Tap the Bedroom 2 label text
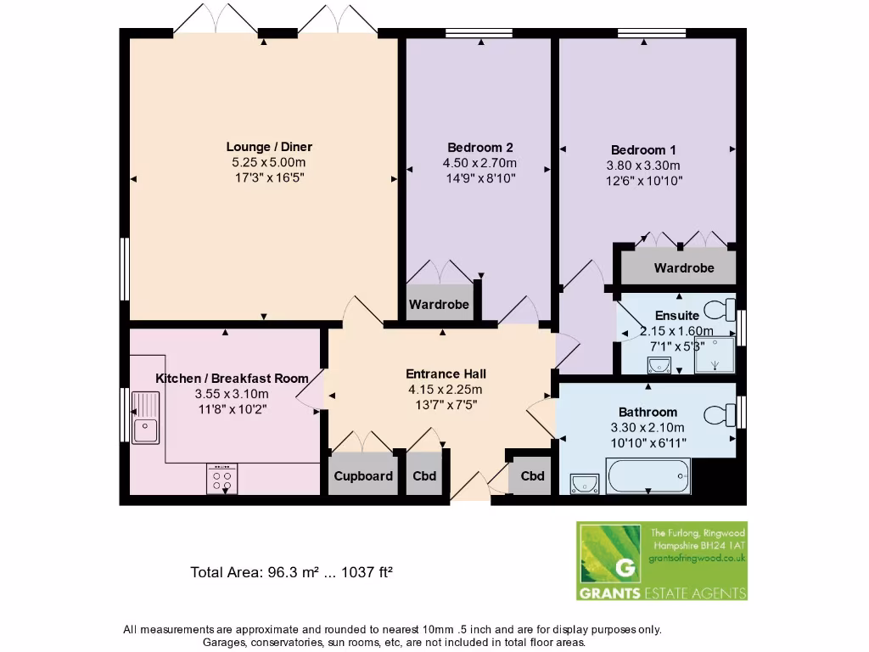click(479, 147)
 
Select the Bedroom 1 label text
click(643, 149)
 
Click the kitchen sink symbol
click(145, 418)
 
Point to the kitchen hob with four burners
click(222, 480)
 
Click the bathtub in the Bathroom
click(648, 475)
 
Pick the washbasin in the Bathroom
click(585, 483)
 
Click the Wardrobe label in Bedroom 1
click(683, 268)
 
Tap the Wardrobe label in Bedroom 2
click(439, 305)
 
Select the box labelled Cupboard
click(363, 476)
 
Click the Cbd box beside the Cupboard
click(424, 476)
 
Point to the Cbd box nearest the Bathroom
click(532, 476)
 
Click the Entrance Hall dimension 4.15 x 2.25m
click(446, 390)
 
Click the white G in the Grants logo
click(625, 566)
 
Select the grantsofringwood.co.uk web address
click(696, 558)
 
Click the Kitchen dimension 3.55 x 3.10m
click(232, 394)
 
